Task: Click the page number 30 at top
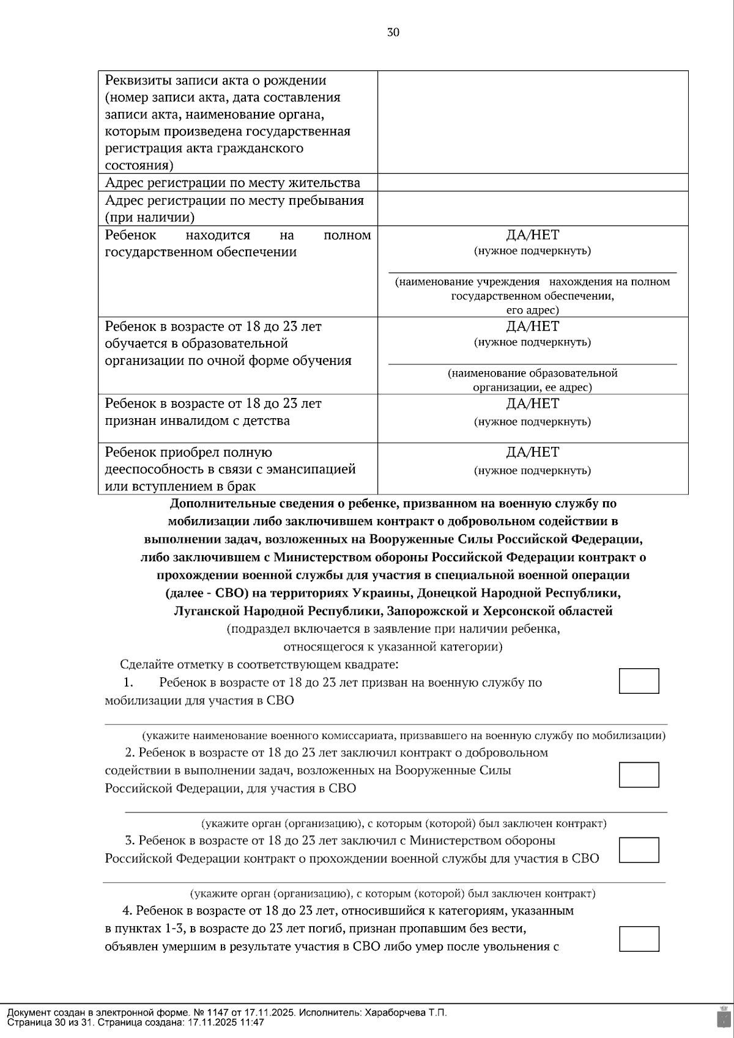[393, 33]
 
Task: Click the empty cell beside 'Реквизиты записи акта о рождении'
[533, 122]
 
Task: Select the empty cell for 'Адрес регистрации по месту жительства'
[533, 183]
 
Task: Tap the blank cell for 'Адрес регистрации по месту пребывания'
[533, 208]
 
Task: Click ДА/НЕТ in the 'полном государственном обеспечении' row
[532, 235]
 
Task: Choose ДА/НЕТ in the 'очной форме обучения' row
[532, 326]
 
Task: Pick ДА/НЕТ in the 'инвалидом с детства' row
[532, 403]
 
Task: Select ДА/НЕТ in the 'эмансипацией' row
[532, 452]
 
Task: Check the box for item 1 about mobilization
[639, 681]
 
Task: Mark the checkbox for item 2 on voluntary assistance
[639, 775]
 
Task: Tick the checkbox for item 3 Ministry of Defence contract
[639, 850]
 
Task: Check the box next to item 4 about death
[639, 939]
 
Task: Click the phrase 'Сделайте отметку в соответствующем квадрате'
[259, 664]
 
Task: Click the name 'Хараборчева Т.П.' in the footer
[406, 1012]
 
